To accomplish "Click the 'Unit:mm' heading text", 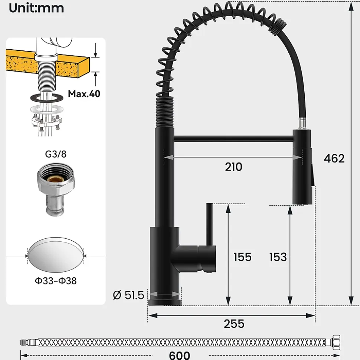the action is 36,8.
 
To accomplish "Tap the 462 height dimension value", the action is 334,158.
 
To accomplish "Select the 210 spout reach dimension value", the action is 233,167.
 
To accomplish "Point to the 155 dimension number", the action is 242,257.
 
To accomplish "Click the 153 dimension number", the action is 278,257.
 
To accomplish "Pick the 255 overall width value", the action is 234,324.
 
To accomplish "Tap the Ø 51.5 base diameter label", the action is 128,295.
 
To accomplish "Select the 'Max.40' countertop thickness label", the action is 84,94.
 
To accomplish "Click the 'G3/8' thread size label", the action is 56,154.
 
